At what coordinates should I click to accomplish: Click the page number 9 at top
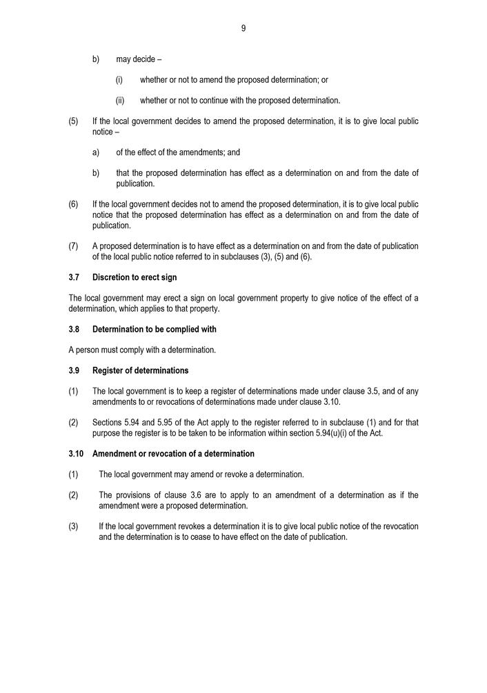point(243,28)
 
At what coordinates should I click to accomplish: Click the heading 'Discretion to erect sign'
point(135,277)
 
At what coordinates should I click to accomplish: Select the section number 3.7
point(74,277)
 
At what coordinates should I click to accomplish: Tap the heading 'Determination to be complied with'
point(155,329)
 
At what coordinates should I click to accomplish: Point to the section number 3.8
point(74,329)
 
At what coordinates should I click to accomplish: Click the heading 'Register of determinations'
point(140,370)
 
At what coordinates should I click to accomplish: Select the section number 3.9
point(74,370)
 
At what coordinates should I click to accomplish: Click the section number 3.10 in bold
point(76,454)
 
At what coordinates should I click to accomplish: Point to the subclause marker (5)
point(73,121)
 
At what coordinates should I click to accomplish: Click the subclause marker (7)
point(73,246)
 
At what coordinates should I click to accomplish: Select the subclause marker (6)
point(73,204)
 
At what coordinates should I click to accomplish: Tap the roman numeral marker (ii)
point(119,101)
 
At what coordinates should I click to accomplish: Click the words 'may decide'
point(136,59)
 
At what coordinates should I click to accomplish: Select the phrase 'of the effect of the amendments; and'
point(178,152)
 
